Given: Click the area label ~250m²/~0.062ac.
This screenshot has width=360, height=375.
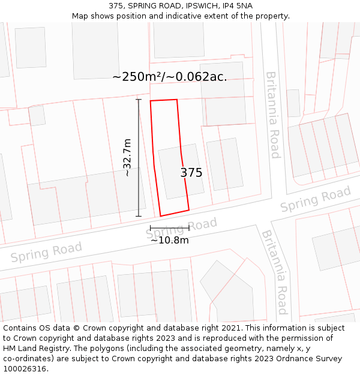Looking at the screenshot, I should click(x=170, y=77).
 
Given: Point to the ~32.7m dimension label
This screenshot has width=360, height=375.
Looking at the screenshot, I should click(x=127, y=157).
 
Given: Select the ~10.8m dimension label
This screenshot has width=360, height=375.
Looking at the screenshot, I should click(x=170, y=241).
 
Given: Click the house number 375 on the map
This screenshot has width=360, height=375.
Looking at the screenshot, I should click(x=191, y=173).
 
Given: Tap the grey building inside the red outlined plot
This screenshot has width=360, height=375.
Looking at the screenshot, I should click(x=178, y=171).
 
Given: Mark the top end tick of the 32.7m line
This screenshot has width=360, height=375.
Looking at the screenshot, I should click(x=139, y=99).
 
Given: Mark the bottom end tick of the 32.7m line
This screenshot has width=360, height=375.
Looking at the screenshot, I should click(x=139, y=216).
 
